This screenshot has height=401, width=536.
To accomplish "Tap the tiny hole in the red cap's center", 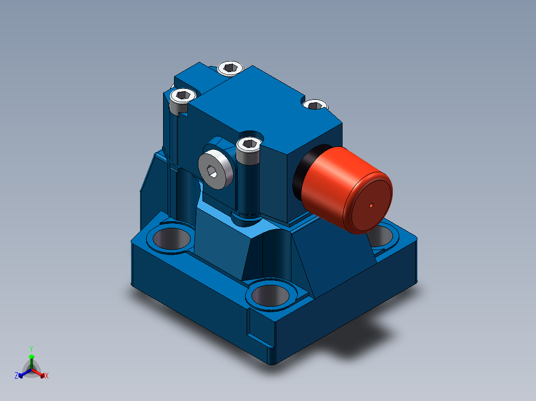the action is tap(371, 205).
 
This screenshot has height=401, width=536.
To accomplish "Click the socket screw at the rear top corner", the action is tap(230, 68).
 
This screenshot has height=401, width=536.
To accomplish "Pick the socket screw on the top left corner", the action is tap(183, 96).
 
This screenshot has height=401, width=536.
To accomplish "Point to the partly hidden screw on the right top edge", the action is tap(315, 104).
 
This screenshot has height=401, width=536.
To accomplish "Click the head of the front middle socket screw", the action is tap(249, 145).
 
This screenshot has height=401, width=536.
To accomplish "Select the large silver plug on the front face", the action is tap(216, 169).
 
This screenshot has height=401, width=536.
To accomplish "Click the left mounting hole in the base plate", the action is tap(171, 238).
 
